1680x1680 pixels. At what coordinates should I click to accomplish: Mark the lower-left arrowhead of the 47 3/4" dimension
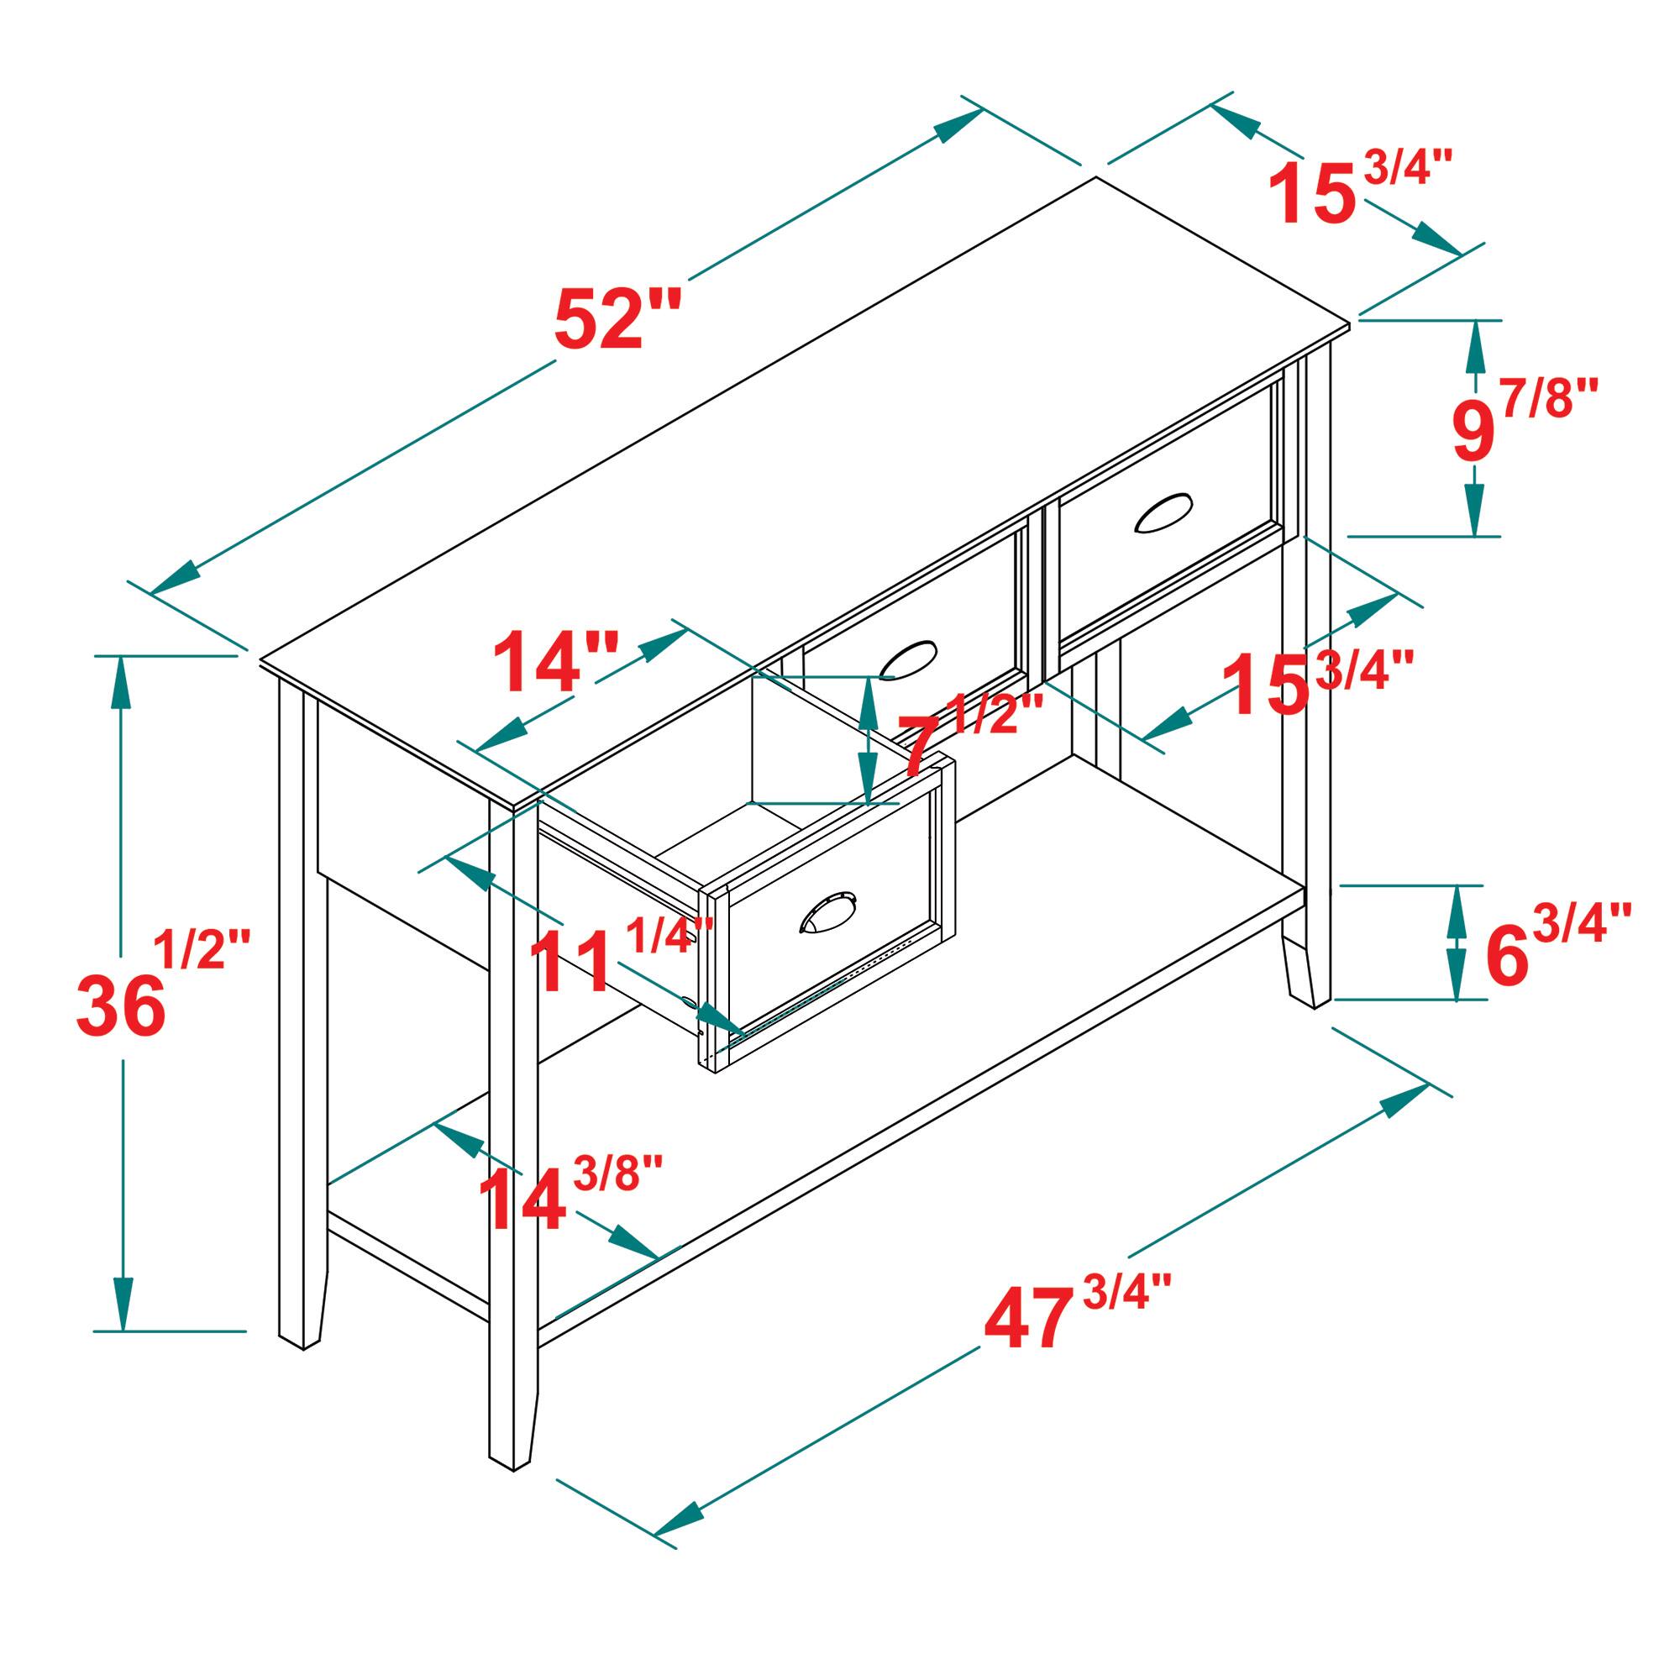(678, 1540)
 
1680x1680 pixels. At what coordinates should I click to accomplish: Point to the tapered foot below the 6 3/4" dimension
(1305, 969)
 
